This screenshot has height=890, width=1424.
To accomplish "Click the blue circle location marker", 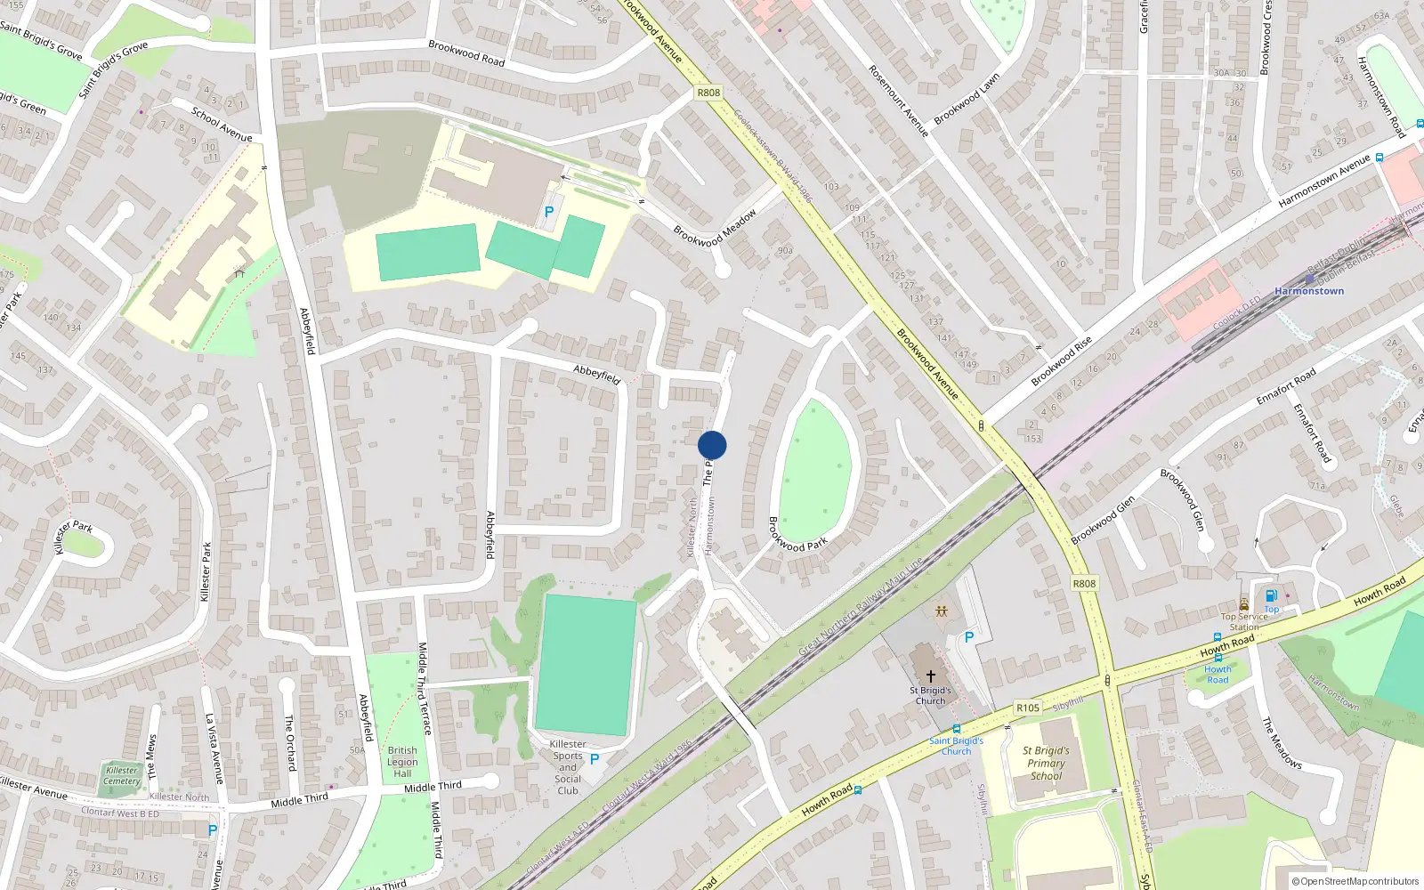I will coord(712,445).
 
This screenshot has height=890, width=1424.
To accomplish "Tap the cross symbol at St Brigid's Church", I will coord(931,676).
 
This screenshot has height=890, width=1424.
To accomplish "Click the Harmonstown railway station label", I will coord(1309,291).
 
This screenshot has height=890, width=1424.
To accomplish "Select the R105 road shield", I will coord(1028,708).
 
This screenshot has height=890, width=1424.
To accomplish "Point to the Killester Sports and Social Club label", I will coord(568,767).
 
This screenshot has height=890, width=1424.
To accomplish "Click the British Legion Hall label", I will coord(402,762).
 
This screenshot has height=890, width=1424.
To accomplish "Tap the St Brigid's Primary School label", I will coord(1046,763).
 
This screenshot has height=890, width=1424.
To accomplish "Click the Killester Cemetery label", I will coord(122,776).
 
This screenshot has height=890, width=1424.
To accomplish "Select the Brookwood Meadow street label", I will coord(715,228).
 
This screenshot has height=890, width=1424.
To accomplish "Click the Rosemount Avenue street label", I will coord(898,101).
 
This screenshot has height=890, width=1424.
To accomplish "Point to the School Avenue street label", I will coord(222,125).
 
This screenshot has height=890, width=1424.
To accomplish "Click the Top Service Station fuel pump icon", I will coord(1271,595).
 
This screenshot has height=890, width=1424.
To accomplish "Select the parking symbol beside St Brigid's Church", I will coord(969,637).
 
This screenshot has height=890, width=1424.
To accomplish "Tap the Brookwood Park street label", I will coord(797,534).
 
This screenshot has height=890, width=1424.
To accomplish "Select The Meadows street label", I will coord(1282,743).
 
